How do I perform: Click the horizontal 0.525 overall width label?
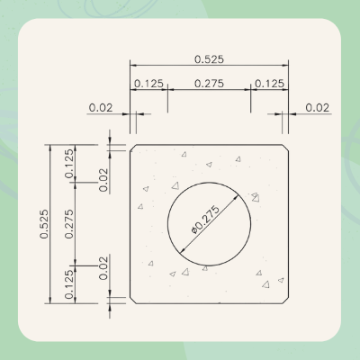[x=209, y=58]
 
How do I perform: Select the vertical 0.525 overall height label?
[x=44, y=224]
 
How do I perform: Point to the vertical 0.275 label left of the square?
[x=69, y=223]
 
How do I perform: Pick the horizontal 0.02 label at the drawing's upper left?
[x=100, y=107]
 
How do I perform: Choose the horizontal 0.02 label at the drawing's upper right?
[x=317, y=107]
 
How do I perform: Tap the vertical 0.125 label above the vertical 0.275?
[x=69, y=163]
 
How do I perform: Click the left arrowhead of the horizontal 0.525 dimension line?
[x=133, y=65]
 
